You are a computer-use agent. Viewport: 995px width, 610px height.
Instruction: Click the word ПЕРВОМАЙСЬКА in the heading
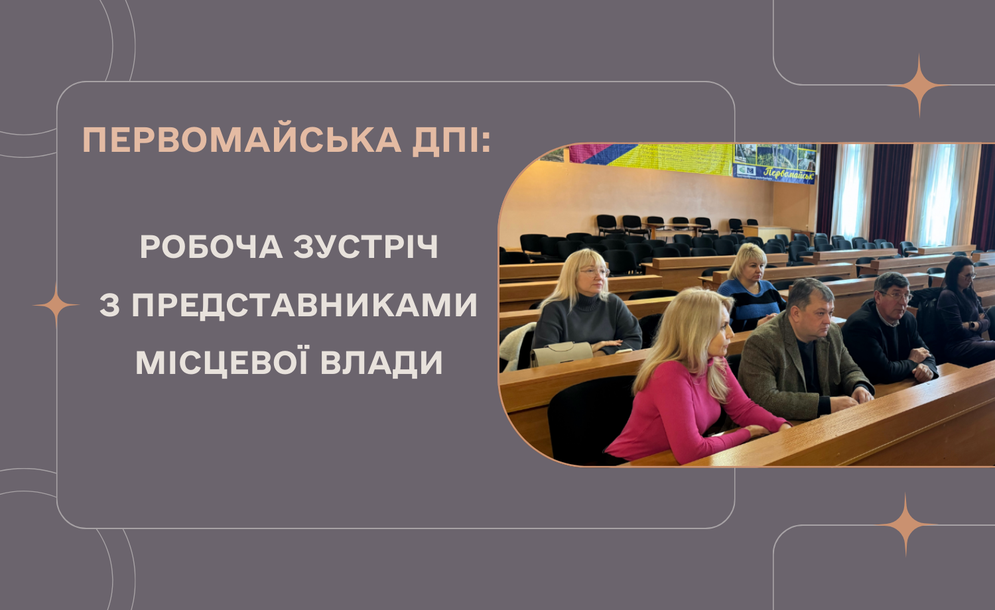click(241, 141)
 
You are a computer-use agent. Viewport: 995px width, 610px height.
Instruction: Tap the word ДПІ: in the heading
click(452, 141)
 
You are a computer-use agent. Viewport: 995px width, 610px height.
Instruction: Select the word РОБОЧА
click(212, 247)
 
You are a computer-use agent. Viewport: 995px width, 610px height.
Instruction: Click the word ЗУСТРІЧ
click(365, 247)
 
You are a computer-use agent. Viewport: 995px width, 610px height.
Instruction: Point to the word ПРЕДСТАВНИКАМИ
click(304, 305)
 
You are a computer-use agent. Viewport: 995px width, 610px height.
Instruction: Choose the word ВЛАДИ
click(381, 363)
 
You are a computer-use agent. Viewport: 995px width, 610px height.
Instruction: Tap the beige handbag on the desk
click(561, 354)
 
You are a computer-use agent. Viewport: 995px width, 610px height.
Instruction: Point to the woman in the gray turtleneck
click(586, 306)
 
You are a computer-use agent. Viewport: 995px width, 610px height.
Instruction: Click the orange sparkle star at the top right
click(919, 86)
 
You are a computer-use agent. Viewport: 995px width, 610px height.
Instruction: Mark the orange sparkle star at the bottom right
click(906, 524)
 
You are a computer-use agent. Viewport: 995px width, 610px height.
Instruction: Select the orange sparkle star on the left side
click(56, 305)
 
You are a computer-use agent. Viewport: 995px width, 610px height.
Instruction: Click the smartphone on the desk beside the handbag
click(624, 351)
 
